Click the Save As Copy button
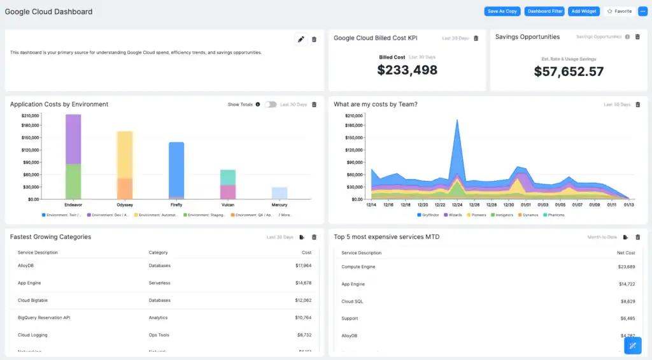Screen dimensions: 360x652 [502, 11]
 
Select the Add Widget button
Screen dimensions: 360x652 [584, 11]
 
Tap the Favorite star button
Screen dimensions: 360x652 [619, 11]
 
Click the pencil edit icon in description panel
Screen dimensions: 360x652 [301, 40]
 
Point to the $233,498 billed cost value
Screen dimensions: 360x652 [407, 70]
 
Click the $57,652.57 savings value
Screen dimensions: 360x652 [569, 72]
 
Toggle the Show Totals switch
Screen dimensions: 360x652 [271, 104]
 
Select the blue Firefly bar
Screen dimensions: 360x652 [176, 169]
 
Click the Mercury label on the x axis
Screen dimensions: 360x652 [279, 205]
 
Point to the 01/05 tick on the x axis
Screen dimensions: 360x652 [560, 205]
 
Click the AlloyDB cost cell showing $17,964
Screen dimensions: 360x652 [303, 266]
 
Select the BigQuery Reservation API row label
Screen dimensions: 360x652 [44, 317]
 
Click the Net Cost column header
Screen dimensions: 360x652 [625, 253]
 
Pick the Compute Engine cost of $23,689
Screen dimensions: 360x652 [626, 267]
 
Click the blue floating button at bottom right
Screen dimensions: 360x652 [632, 345]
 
